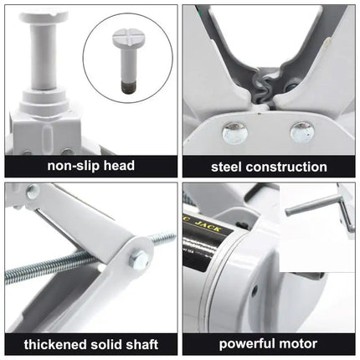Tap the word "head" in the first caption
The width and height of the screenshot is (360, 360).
click(122, 166)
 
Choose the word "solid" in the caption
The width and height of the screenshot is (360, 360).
click(105, 343)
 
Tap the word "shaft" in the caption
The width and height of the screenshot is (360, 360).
click(141, 343)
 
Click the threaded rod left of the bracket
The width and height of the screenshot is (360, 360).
click(50, 277)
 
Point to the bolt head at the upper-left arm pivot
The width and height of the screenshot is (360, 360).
click(33, 193)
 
